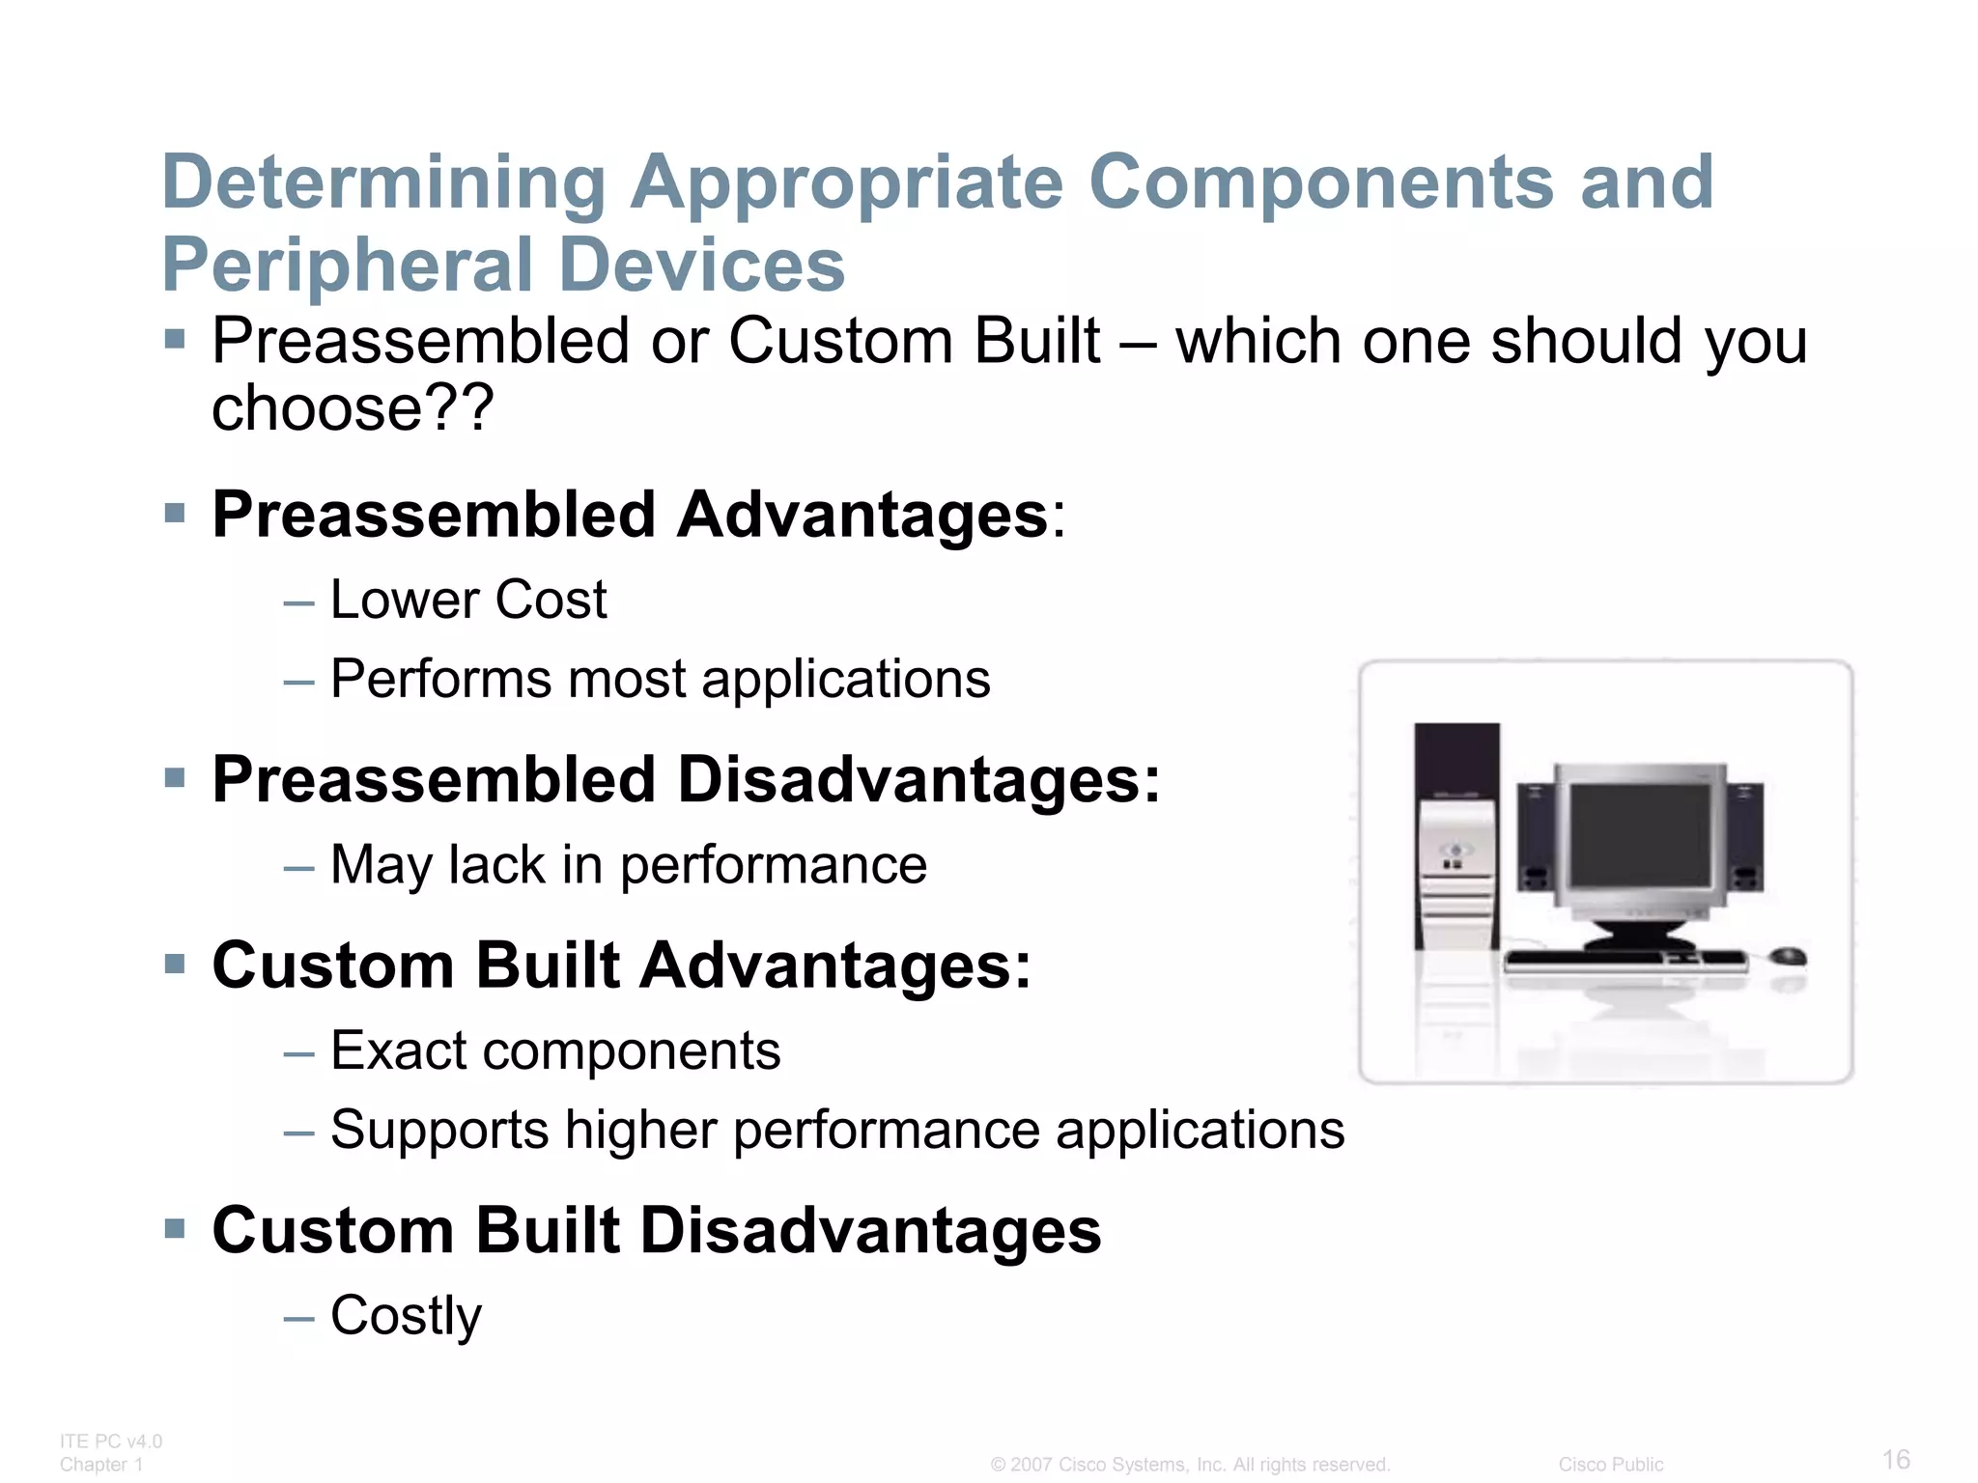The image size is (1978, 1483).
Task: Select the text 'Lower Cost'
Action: click(x=468, y=600)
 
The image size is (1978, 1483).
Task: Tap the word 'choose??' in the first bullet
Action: click(x=353, y=408)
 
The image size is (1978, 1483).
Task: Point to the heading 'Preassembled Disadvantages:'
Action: click(x=686, y=779)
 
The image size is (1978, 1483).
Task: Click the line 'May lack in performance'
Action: click(x=628, y=864)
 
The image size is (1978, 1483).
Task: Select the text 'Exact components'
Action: click(x=555, y=1050)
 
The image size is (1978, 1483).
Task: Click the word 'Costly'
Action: click(x=406, y=1315)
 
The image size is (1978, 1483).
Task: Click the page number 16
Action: click(x=1896, y=1459)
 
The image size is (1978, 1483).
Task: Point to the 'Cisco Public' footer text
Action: click(x=1610, y=1465)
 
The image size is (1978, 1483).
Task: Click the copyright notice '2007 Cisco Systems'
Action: click(x=1190, y=1465)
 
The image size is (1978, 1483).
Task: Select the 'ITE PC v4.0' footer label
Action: click(x=110, y=1441)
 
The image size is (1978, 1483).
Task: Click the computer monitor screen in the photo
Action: click(x=1639, y=836)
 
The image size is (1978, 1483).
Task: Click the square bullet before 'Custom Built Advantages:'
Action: click(x=175, y=964)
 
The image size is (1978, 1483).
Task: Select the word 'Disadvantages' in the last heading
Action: click(x=870, y=1231)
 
